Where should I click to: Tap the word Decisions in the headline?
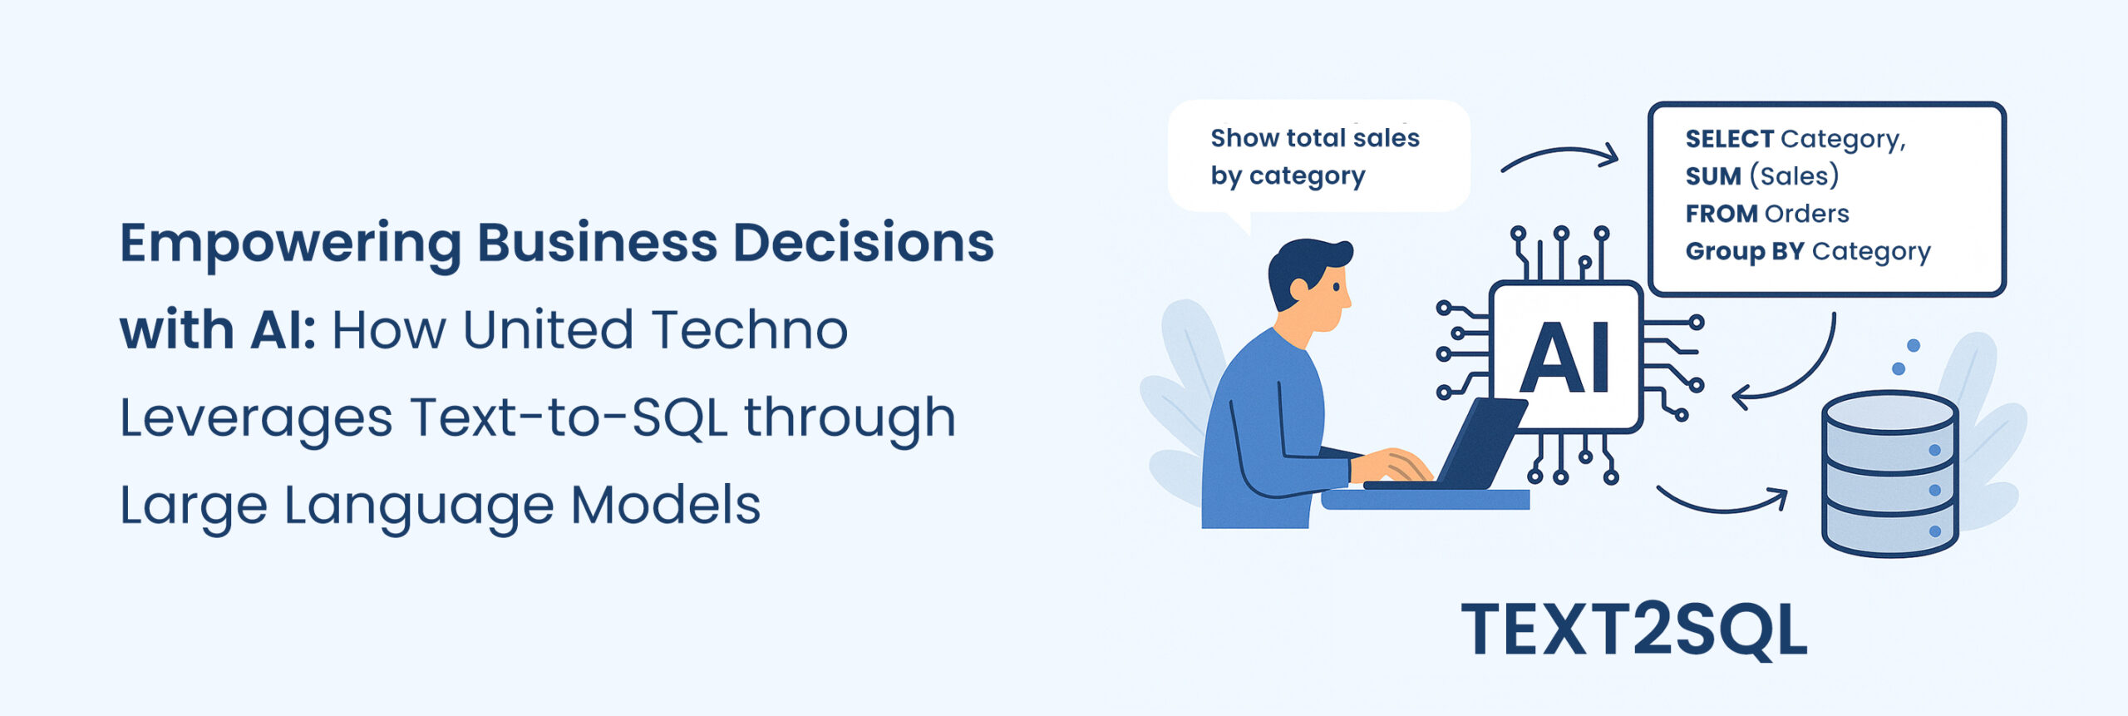pyautogui.click(x=863, y=243)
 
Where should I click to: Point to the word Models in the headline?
pyautogui.click(x=665, y=505)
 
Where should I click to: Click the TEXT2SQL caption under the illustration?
pyautogui.click(x=1634, y=630)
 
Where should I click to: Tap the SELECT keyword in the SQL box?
pyautogui.click(x=1730, y=139)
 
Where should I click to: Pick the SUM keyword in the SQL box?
pyautogui.click(x=1712, y=176)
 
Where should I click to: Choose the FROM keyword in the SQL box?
pyautogui.click(x=1722, y=214)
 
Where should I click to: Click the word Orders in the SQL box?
pyautogui.click(x=1807, y=214)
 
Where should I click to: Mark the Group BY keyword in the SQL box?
pyautogui.click(x=1744, y=251)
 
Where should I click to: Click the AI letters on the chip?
pyautogui.click(x=1565, y=357)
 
